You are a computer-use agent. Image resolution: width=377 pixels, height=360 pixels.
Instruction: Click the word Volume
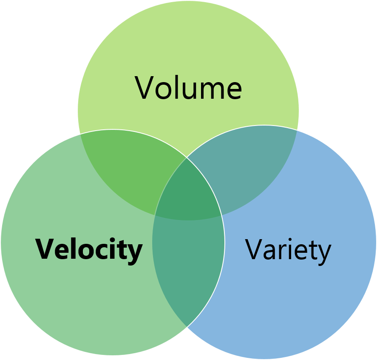point(188,88)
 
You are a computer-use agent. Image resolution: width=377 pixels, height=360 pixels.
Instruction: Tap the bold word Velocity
point(88,249)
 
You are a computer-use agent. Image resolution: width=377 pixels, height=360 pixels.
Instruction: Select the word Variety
point(288,250)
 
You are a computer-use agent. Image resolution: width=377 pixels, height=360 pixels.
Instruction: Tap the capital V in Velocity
point(45,249)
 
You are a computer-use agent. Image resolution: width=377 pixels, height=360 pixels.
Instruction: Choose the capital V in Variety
point(255,249)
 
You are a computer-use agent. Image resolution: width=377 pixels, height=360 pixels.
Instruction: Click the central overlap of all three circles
point(188,191)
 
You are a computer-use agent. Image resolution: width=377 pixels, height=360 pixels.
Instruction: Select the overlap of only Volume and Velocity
point(128,166)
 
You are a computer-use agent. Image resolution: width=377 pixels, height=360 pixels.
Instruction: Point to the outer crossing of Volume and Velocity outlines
point(80,134)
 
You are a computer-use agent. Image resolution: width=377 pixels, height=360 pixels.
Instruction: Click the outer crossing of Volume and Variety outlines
point(297,129)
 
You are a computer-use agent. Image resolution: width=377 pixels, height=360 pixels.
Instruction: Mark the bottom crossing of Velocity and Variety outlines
point(187,327)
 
